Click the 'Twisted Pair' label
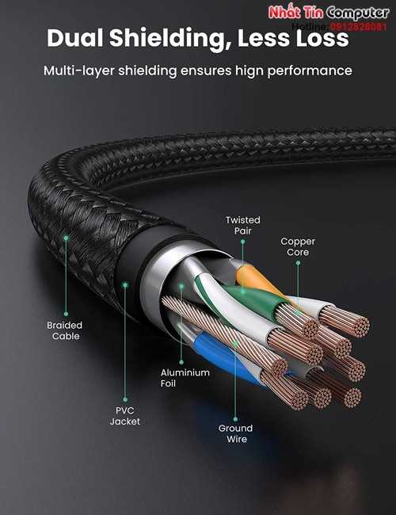242,225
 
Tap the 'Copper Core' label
298,246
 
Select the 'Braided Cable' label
65,330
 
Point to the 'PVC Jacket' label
125,416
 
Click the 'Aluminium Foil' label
185,378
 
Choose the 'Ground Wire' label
236,433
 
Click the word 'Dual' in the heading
75,37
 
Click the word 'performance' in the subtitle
310,71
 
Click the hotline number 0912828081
359,27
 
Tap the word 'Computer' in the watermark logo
358,13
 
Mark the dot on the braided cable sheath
66,238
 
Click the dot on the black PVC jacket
125,285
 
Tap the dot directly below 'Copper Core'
298,263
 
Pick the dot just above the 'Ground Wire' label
235,419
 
